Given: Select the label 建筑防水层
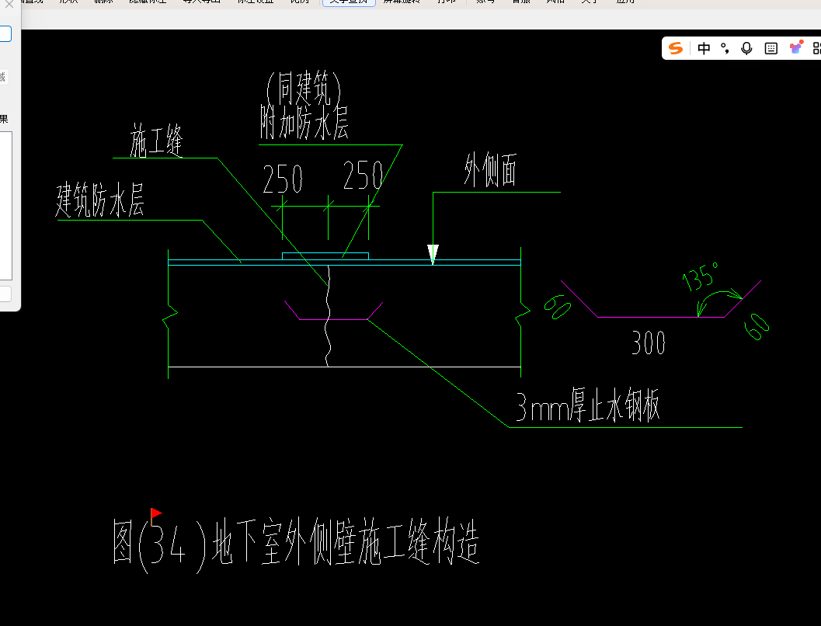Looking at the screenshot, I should [x=100, y=201].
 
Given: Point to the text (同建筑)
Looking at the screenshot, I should [x=304, y=89].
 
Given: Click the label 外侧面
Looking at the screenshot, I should [x=490, y=172].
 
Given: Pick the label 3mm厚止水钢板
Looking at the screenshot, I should [x=588, y=406].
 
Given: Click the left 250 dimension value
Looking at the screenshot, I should [x=283, y=179].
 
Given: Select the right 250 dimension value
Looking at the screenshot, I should [x=363, y=177].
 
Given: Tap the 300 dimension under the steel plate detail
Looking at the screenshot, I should [x=649, y=343].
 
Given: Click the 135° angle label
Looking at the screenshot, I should [x=701, y=275].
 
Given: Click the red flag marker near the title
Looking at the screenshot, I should [x=156, y=513].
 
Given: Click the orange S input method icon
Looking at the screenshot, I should [x=676, y=48].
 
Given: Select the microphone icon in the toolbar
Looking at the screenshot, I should [x=746, y=48].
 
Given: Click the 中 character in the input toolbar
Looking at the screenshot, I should [x=704, y=48].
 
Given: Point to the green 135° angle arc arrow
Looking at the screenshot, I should [x=718, y=299].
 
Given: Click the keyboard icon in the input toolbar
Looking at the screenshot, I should [x=771, y=48].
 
